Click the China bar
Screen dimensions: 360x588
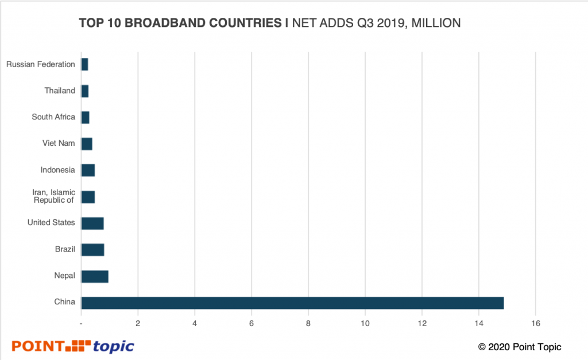click(x=292, y=303)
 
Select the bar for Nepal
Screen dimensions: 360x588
click(x=95, y=276)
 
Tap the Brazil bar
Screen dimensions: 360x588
click(x=92, y=250)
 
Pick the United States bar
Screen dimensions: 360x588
click(x=92, y=223)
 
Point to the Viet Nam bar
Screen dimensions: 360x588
click(x=87, y=144)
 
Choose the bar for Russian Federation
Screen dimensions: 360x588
click(x=84, y=64)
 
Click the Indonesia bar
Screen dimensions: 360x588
click(x=88, y=170)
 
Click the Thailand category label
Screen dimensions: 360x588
click(x=60, y=91)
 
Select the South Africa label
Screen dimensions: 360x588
click(x=53, y=117)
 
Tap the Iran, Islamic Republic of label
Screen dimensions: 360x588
click(x=54, y=196)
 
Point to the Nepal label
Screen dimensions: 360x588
click(x=64, y=276)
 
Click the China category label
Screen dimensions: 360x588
click(x=64, y=302)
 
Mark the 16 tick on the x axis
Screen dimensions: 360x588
click(x=536, y=323)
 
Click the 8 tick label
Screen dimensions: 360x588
click(x=308, y=323)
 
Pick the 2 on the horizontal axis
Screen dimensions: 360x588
click(x=138, y=323)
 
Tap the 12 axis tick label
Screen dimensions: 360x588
click(x=422, y=323)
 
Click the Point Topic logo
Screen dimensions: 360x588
click(x=73, y=346)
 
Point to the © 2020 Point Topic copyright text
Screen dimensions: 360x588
click(x=519, y=347)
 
